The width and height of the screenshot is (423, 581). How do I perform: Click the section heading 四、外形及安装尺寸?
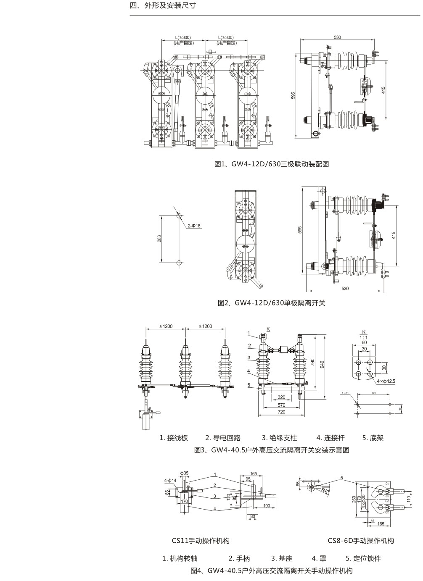(163, 6)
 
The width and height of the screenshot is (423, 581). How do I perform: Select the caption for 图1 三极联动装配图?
(272, 164)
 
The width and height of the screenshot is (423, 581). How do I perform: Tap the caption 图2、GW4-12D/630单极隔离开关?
(272, 302)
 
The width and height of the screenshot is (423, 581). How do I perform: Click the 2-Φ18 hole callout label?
(195, 226)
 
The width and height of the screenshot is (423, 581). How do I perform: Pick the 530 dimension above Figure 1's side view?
(337, 37)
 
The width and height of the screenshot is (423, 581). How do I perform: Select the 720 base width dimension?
(281, 412)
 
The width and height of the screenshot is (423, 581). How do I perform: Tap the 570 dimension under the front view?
(281, 405)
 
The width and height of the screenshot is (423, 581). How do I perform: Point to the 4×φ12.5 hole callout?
(386, 381)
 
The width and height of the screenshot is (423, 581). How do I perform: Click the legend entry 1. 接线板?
(173, 438)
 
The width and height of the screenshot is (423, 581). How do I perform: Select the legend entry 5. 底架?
(373, 438)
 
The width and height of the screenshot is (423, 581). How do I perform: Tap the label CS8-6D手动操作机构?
(361, 540)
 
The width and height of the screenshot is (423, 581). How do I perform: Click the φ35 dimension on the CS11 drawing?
(185, 473)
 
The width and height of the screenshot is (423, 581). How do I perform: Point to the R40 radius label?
(325, 490)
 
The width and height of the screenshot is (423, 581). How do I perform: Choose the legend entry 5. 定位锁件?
(363, 558)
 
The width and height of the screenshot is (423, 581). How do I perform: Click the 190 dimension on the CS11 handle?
(267, 506)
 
